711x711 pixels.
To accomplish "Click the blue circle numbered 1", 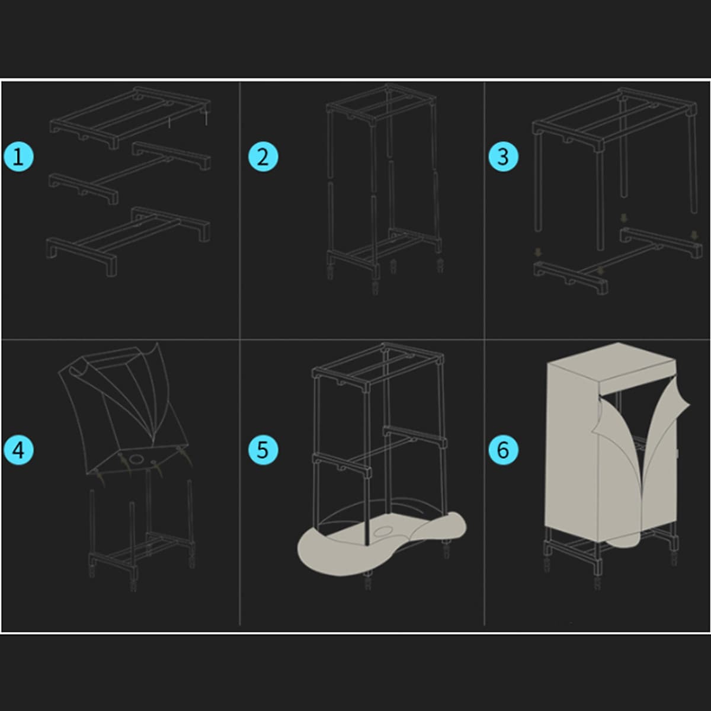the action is [x=19, y=156].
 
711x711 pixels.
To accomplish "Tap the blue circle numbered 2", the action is [x=262, y=156].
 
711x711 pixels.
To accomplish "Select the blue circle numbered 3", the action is [x=503, y=156].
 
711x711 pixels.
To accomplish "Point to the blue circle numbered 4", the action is [x=19, y=450].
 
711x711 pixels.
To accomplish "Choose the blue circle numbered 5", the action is [x=262, y=450].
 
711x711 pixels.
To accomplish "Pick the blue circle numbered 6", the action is [x=503, y=450].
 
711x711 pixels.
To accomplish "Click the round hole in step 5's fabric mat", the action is [x=384, y=531].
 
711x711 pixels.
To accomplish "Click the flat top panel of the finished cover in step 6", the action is [x=611, y=363].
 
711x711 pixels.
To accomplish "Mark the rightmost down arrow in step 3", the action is [x=694, y=235].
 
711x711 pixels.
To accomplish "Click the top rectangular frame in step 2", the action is [x=383, y=104].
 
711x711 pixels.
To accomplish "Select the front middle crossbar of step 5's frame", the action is [x=342, y=464].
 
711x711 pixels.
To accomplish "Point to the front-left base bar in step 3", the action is [x=571, y=277].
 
